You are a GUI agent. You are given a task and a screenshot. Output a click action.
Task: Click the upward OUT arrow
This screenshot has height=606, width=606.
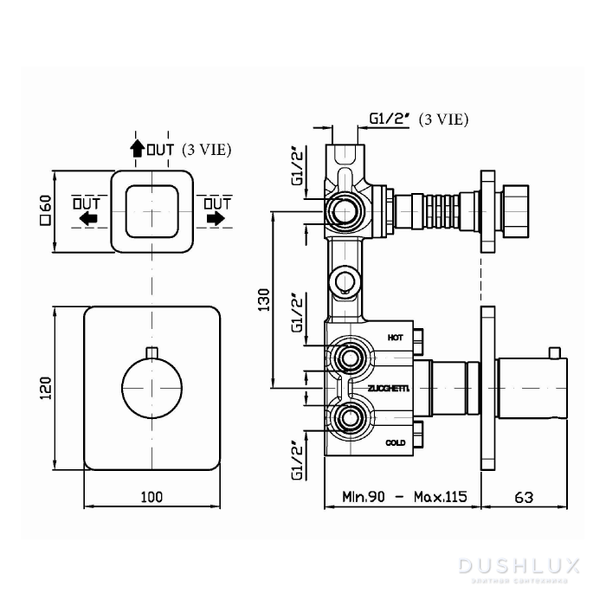click(x=137, y=148)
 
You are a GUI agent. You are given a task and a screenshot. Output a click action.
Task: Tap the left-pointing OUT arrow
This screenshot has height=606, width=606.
click(x=87, y=219)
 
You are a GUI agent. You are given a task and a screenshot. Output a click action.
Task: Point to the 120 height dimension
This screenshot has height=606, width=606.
click(x=46, y=388)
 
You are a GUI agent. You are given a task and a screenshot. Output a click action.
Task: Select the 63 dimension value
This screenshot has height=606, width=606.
click(x=523, y=498)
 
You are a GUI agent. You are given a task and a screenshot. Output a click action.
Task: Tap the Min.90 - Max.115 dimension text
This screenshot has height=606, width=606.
click(x=403, y=498)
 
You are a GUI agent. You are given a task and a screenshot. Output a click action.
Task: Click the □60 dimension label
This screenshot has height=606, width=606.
click(x=46, y=211)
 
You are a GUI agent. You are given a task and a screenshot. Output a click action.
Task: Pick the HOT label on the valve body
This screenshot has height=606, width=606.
click(x=396, y=336)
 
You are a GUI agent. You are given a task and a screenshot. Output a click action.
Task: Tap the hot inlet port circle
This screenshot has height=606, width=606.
click(x=351, y=357)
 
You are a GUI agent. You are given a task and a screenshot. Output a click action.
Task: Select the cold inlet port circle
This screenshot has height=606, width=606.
click(x=351, y=419)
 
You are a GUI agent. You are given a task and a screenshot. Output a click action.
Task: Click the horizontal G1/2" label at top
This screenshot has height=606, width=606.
click(x=390, y=119)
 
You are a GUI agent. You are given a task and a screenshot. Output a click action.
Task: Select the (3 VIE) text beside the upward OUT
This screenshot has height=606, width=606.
click(x=207, y=149)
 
